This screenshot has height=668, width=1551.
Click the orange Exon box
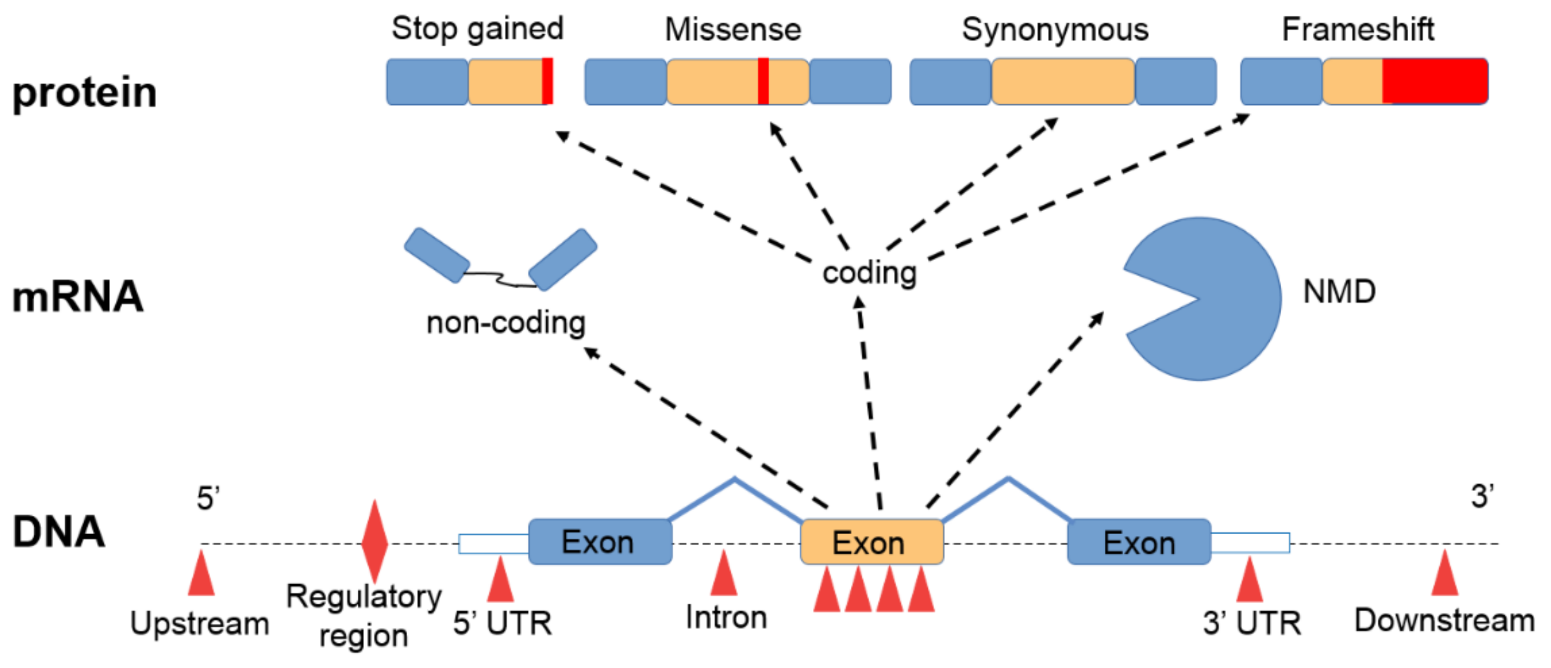(x=871, y=542)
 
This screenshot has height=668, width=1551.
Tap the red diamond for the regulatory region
(x=375, y=541)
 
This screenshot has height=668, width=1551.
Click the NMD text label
(x=1339, y=292)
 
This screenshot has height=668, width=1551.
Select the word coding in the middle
(x=869, y=272)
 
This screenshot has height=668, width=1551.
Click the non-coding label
(x=506, y=322)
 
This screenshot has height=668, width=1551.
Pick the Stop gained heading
(x=477, y=29)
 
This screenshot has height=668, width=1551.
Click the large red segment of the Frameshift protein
(x=1434, y=81)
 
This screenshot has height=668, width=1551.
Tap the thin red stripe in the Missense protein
(x=763, y=81)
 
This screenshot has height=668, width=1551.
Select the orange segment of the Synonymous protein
(x=1063, y=81)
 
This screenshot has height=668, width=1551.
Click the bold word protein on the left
(x=84, y=93)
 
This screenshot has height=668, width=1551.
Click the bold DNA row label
(x=59, y=532)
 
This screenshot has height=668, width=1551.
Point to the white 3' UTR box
(x=1250, y=542)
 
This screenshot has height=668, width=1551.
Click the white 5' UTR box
(x=494, y=544)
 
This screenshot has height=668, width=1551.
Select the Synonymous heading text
(x=1055, y=30)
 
